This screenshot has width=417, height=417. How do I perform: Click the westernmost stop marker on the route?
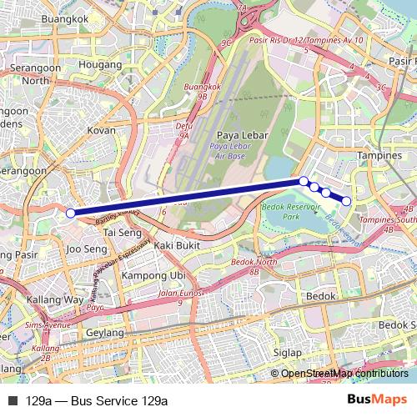click(71, 214)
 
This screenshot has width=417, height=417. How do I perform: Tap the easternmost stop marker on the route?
click(346, 200)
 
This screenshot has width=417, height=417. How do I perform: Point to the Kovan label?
click(102, 130)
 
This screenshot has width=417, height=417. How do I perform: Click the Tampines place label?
click(379, 155)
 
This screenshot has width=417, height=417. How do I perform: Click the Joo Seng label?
click(84, 249)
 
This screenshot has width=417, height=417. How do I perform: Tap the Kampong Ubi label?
click(153, 275)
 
